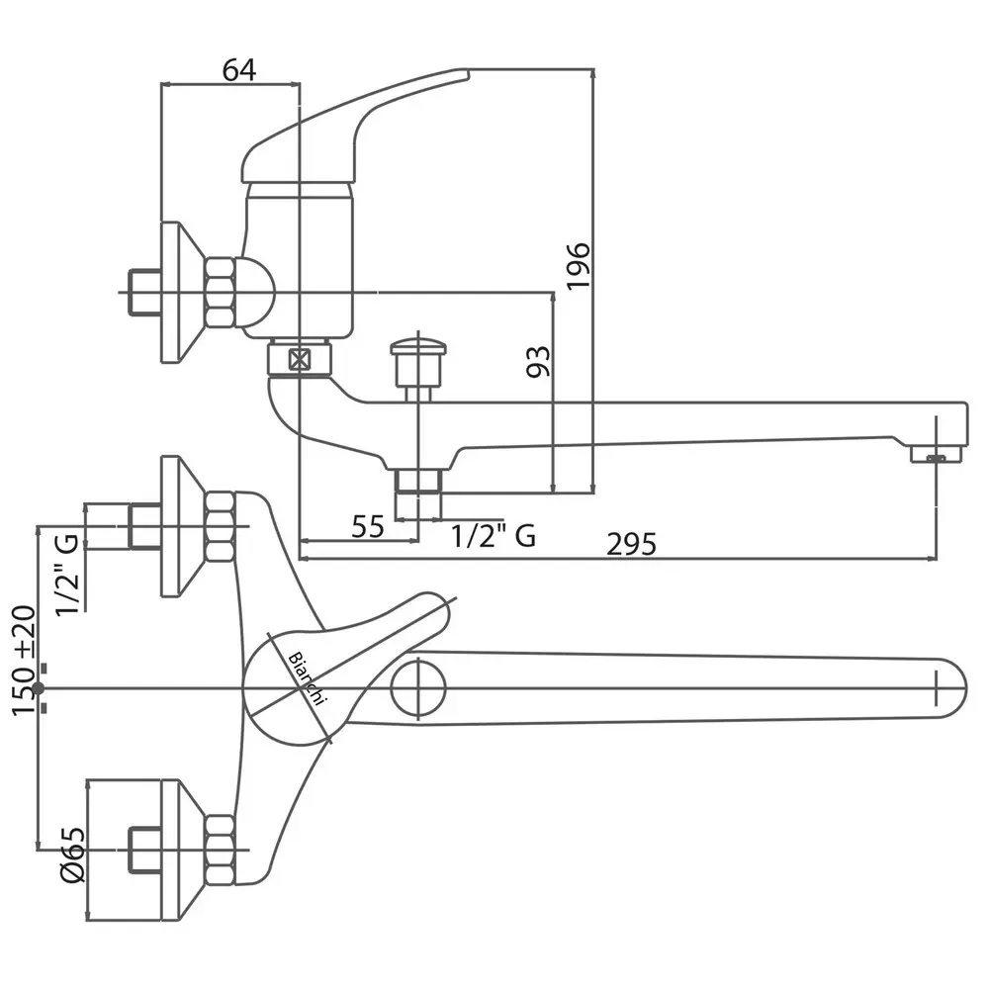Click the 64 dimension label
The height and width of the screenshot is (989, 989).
pyautogui.click(x=238, y=69)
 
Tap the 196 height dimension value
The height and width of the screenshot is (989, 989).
pyautogui.click(x=579, y=265)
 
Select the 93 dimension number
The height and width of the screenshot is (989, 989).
pyautogui.click(x=539, y=362)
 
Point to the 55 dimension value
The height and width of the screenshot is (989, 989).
pyautogui.click(x=367, y=526)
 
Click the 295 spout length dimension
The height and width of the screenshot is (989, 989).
pyautogui.click(x=632, y=544)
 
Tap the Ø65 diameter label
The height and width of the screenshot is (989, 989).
pyautogui.click(x=72, y=856)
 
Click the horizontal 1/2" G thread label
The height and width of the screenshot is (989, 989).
pyautogui.click(x=494, y=536)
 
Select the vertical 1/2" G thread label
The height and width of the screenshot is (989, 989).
pyautogui.click(x=69, y=576)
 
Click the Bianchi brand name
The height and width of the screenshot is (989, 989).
pyautogui.click(x=307, y=678)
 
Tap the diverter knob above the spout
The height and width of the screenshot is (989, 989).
pyautogui.click(x=417, y=362)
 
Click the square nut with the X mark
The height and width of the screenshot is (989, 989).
pyautogui.click(x=301, y=359)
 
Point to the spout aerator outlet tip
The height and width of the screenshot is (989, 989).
pyautogui.click(x=936, y=455)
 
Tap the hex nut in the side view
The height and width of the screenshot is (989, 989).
pyautogui.click(x=220, y=292)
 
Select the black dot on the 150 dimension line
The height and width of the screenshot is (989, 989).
pyautogui.click(x=39, y=687)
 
